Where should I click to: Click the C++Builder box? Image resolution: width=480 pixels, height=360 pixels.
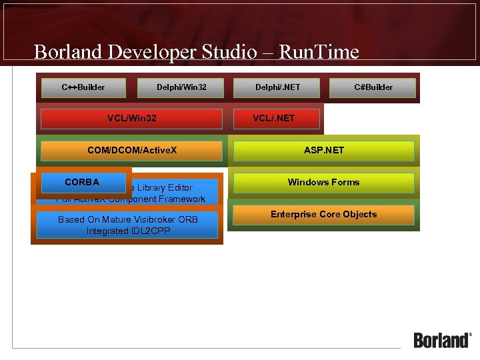pyautogui.click(x=83, y=87)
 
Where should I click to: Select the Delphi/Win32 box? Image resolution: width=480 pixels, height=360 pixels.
pyautogui.click(x=181, y=87)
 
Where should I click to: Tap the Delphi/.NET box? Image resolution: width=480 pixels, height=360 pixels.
pyautogui.click(x=277, y=87)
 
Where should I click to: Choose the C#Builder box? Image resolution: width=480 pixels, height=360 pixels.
pyautogui.click(x=373, y=87)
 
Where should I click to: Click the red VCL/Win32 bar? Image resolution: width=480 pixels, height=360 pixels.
pyautogui.click(x=131, y=119)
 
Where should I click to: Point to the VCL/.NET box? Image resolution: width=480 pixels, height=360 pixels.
pyautogui.click(x=274, y=119)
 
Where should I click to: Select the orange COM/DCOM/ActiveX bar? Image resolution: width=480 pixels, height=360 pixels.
pyautogui.click(x=131, y=151)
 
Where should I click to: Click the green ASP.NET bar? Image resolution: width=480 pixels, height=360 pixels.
pyautogui.click(x=324, y=151)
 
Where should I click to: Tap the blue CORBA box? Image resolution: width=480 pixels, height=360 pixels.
pyautogui.click(x=82, y=182)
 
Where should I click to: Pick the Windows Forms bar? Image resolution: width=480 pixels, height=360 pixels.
pyautogui.click(x=324, y=182)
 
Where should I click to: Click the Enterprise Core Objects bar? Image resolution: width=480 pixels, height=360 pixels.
pyautogui.click(x=324, y=215)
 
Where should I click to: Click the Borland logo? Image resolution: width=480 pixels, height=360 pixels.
pyautogui.click(x=442, y=340)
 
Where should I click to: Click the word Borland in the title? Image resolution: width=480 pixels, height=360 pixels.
pyautogui.click(x=65, y=52)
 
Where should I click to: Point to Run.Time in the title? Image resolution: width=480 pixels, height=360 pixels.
pyautogui.click(x=319, y=52)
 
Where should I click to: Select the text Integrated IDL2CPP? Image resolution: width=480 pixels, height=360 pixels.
pyautogui.click(x=128, y=231)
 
